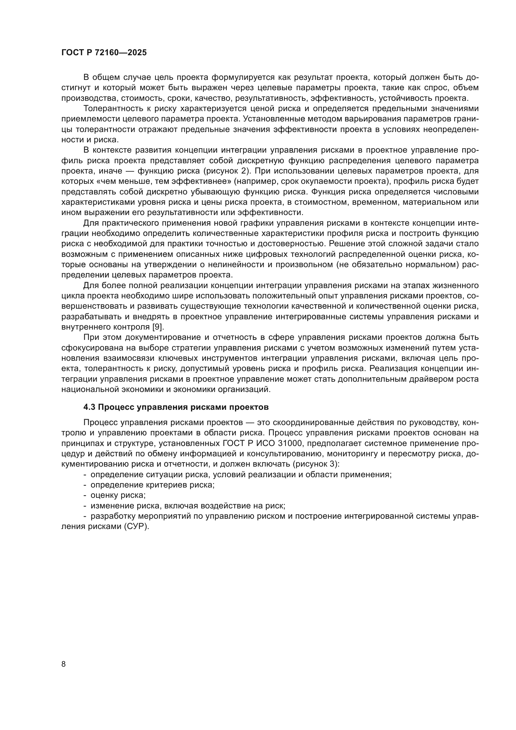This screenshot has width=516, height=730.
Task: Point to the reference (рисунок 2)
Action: pyautogui.click(x=227, y=171)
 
